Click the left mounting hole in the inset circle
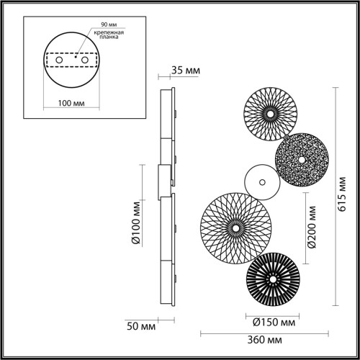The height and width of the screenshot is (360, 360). (58, 61)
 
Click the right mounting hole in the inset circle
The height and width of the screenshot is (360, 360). (84, 61)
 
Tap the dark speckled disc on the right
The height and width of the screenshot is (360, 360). (302, 159)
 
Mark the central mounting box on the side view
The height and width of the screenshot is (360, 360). (165, 182)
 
